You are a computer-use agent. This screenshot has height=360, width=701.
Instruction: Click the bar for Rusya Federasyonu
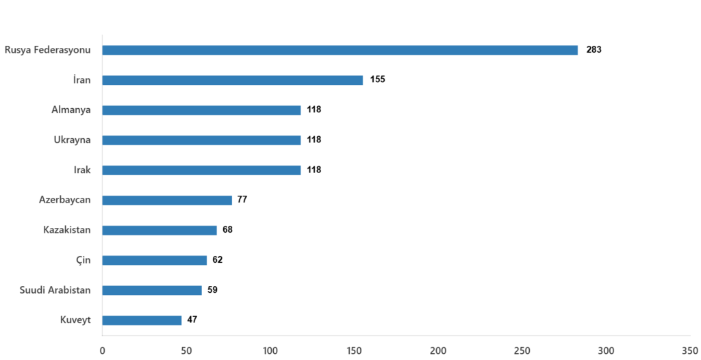click(340, 51)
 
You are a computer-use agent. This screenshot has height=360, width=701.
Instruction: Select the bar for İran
click(233, 80)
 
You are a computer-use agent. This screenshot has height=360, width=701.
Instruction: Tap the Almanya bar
click(201, 110)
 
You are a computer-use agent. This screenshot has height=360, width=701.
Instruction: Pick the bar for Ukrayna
click(201, 140)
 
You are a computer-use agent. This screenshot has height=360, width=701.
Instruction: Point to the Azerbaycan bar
click(167, 200)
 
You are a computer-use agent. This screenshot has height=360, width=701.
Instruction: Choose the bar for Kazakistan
click(160, 230)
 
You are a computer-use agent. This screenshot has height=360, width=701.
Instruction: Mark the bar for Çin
click(155, 260)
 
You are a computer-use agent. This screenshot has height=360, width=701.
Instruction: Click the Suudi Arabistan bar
click(152, 290)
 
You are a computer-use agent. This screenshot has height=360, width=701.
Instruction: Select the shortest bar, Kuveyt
click(142, 320)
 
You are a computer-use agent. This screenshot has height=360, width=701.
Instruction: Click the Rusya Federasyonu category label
click(48, 51)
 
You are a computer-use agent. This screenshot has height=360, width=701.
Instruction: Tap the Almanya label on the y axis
click(71, 110)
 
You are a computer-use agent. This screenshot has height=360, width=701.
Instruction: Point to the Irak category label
click(82, 170)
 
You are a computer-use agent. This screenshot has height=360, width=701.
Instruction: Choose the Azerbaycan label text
click(65, 200)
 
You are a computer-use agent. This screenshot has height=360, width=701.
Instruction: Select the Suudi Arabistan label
click(55, 290)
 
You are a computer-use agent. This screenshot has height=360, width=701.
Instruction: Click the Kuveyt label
click(75, 320)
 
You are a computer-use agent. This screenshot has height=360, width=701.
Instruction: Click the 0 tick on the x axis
click(103, 351)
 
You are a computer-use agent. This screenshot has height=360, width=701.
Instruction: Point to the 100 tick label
click(270, 351)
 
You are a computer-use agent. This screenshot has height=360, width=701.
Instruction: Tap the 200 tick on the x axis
click(438, 351)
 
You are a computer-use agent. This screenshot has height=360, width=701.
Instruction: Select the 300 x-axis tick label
click(606, 351)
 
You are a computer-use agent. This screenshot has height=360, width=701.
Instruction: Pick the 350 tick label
click(689, 351)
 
